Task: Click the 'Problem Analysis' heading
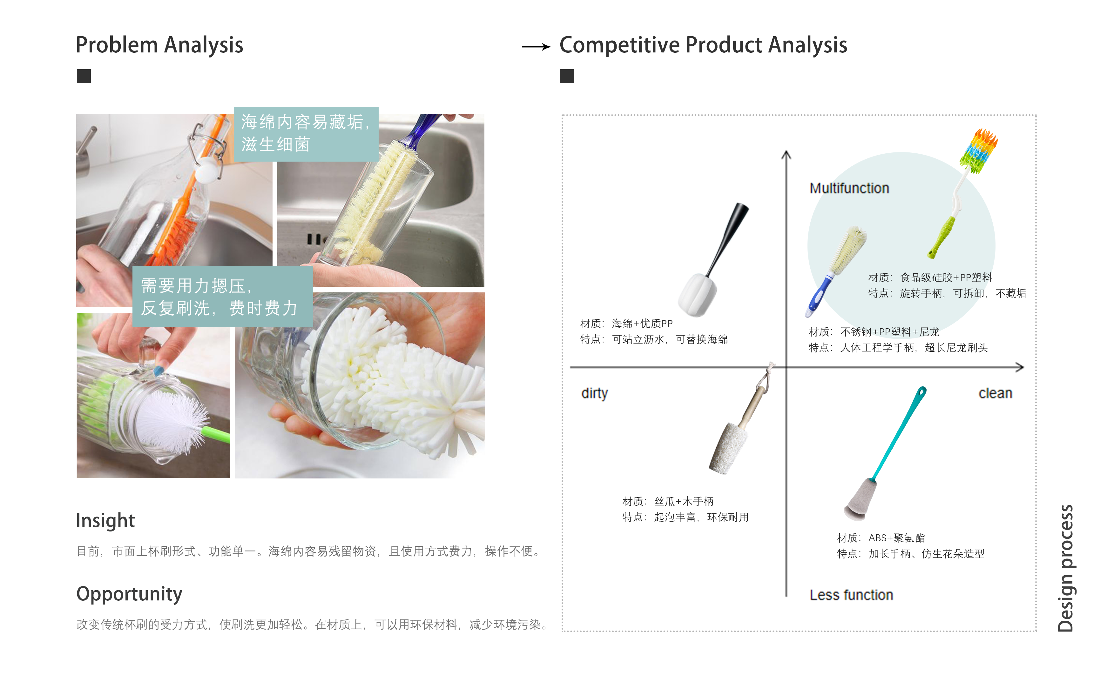159,45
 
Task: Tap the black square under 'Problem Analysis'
84,76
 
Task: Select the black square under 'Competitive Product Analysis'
567,76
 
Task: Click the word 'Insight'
105,520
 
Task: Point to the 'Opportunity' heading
129,593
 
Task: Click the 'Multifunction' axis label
849,188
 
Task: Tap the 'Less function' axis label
851,595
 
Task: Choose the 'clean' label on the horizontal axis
995,393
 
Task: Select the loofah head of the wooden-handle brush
728,449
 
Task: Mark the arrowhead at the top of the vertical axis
786,155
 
